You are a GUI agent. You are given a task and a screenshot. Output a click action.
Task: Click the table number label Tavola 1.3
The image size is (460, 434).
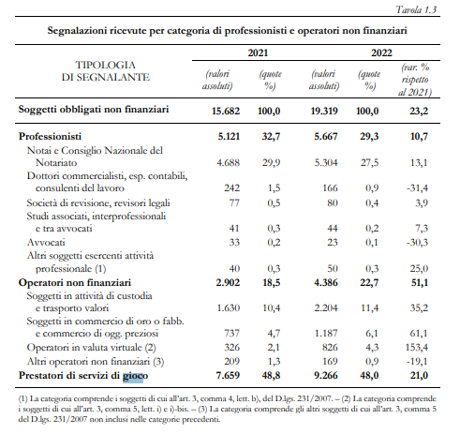416,9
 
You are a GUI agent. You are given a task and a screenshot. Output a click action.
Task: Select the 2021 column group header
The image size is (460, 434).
258,52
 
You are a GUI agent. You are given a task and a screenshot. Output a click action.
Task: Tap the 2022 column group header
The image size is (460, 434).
381,52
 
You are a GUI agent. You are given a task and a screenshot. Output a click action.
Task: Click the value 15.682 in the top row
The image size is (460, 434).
226,111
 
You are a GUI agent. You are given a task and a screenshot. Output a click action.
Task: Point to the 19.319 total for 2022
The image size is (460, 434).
324,111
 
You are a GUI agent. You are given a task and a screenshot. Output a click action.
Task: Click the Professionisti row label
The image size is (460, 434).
50,136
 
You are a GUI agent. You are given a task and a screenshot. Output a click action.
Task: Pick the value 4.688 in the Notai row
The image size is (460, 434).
228,162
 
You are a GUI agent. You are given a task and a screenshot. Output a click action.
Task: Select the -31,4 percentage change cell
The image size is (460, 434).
417,187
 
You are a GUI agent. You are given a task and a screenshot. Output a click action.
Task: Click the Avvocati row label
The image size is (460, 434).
46,242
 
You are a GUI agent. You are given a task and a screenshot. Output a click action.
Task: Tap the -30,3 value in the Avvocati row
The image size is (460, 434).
417,242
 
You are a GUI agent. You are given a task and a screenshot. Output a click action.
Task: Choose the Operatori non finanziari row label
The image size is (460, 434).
75,282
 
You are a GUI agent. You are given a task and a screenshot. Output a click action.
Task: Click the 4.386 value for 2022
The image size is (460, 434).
326,282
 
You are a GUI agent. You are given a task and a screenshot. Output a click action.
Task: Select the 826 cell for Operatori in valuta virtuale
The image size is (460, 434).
330,347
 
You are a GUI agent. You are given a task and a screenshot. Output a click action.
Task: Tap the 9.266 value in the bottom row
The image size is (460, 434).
326,375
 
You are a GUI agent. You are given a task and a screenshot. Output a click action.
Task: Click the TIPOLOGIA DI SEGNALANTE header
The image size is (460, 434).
106,71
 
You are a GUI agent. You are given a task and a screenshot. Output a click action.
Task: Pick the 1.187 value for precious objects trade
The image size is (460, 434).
326,333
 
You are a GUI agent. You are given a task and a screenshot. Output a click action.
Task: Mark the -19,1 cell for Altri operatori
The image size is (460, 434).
417,361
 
